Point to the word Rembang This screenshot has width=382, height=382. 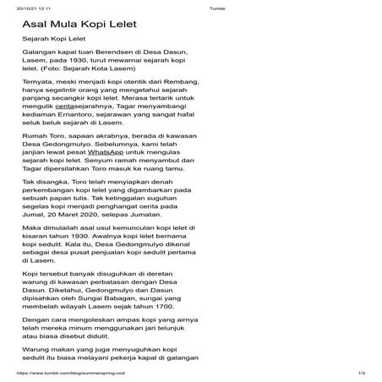tap(183, 85)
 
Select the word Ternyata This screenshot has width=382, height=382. tap(42, 85)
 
